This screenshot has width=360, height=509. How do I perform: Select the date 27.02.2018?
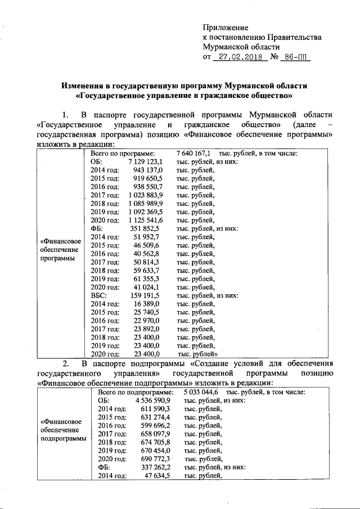tap(238, 57)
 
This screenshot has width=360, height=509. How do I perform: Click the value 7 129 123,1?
tap(146, 161)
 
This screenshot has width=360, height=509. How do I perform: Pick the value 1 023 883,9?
tap(146, 195)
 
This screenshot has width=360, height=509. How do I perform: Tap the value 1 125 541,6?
tap(146, 220)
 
